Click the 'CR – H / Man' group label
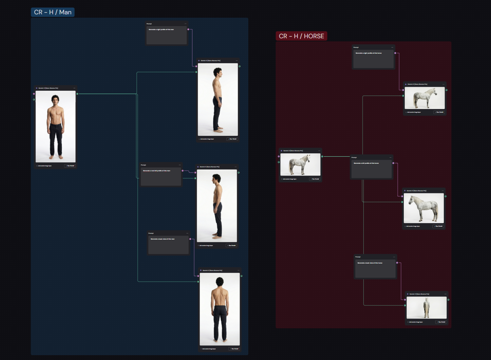point(53,12)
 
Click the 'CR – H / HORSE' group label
point(301,36)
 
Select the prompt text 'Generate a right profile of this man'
point(161,30)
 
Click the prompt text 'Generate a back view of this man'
point(162,239)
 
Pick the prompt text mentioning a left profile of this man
point(157,171)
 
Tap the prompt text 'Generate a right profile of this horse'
point(368,53)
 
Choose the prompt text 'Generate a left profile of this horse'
point(366,163)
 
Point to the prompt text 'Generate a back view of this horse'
point(370,263)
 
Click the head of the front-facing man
point(55,99)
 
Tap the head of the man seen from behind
point(220,282)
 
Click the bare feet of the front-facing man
point(56,157)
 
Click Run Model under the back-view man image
point(234,349)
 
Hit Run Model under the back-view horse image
point(441,322)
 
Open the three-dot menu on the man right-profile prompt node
point(186,24)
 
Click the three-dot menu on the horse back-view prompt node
point(394,257)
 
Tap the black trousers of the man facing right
point(217,113)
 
